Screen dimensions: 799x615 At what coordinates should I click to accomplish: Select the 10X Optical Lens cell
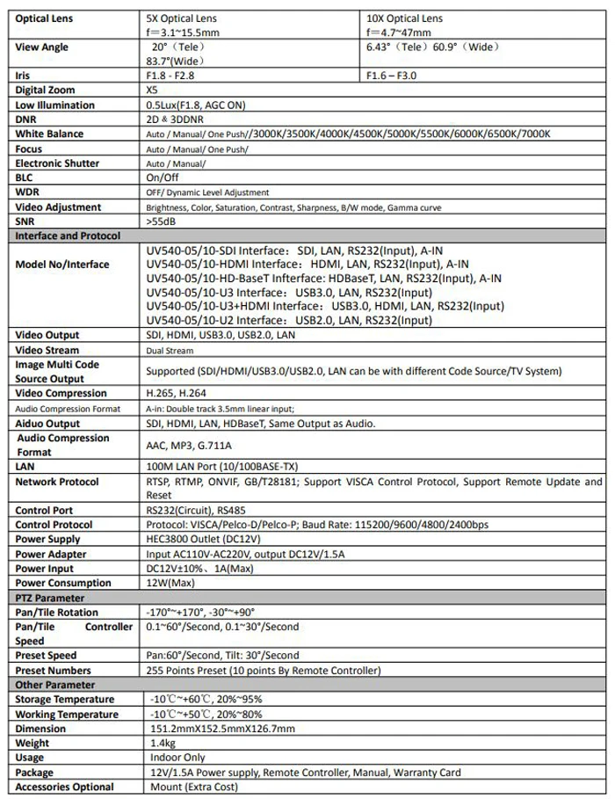pos(406,18)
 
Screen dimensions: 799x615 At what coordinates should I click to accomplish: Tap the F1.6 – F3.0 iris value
pos(393,76)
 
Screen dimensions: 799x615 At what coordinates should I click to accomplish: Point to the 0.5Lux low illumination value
pos(195,105)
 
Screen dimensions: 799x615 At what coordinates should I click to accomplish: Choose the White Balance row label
pos(49,134)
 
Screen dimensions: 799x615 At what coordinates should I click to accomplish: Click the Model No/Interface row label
pos(62,265)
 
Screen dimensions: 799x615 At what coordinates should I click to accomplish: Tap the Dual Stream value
pos(170,350)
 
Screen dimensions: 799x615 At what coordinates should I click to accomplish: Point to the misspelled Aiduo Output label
pos(47,424)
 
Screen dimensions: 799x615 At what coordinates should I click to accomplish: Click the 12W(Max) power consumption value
pos(170,583)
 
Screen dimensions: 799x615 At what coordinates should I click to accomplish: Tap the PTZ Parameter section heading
pos(50,597)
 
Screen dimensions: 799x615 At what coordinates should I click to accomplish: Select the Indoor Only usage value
pos(176,758)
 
